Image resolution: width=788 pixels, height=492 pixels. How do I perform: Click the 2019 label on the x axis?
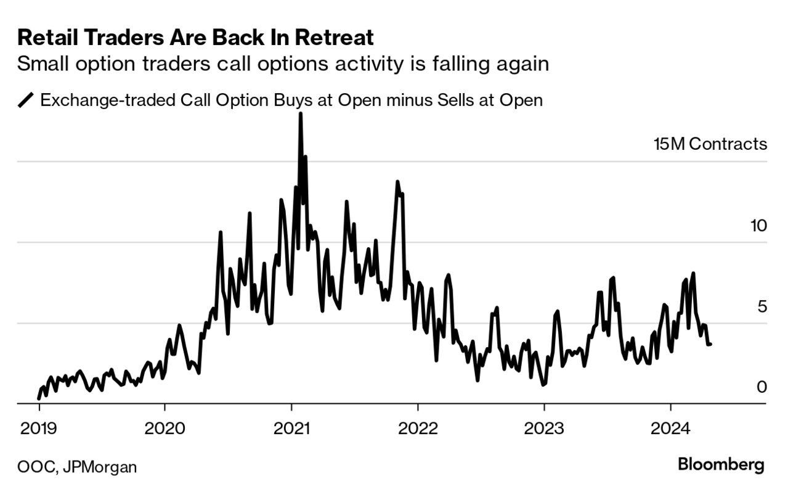coord(39,428)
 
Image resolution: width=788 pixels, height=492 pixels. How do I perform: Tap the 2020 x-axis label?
coord(165,428)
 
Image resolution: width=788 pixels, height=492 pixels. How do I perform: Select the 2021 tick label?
coord(291,428)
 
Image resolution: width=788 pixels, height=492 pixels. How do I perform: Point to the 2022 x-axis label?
coord(417,428)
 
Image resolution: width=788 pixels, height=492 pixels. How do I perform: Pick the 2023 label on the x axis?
coord(543,428)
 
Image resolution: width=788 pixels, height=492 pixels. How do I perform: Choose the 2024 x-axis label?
coord(670,428)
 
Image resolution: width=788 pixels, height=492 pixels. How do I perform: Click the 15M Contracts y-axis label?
coord(710,144)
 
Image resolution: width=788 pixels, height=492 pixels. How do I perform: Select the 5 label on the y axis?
coord(762,306)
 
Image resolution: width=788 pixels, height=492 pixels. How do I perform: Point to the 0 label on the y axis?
coord(762,387)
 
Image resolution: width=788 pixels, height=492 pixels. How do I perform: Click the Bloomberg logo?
coord(721,465)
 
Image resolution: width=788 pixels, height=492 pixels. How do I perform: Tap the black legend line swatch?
coord(26,100)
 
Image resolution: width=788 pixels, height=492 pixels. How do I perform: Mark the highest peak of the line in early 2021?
coord(300,114)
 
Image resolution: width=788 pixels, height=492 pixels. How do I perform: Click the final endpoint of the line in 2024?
coord(710,344)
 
